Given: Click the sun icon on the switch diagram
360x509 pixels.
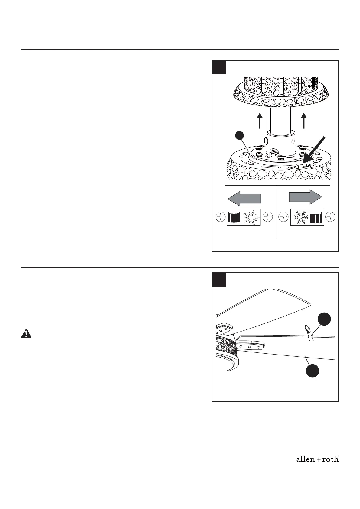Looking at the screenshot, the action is [x=252, y=217].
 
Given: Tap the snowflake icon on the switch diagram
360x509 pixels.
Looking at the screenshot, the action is [x=300, y=217].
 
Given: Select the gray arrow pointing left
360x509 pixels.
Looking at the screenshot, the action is [x=244, y=199].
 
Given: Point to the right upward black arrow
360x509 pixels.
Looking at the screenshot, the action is [x=304, y=121].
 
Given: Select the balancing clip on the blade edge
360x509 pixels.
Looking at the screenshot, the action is [x=310, y=338].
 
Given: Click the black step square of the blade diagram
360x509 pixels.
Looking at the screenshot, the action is [x=219, y=280].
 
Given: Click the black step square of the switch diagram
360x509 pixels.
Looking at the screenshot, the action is [x=219, y=67].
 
